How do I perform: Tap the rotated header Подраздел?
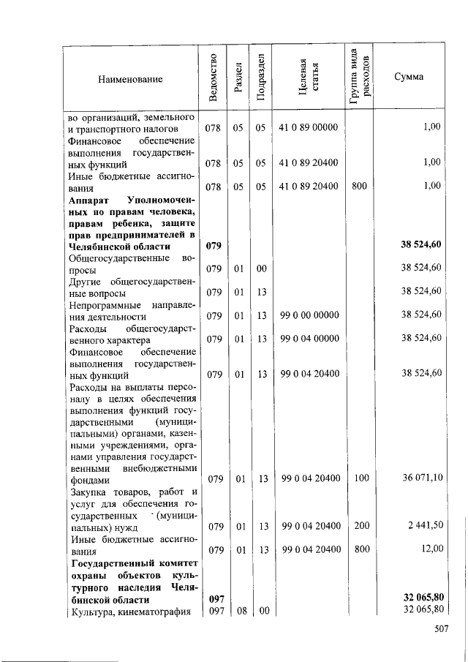(260, 78)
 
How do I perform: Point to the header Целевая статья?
(308, 78)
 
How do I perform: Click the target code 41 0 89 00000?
(308, 127)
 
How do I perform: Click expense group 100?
(359, 478)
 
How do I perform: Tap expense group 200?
(359, 526)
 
